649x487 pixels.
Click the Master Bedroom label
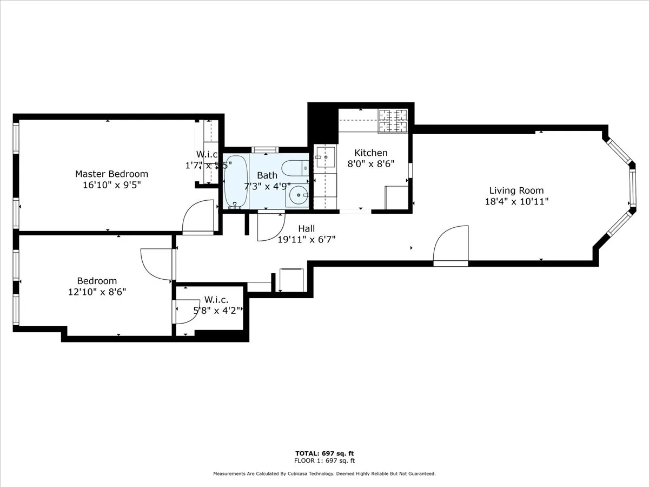111,174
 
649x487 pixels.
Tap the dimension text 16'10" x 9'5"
111,185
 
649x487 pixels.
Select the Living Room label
516,190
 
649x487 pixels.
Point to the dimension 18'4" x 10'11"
516,201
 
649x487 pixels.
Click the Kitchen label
370,153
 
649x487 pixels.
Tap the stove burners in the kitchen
393,120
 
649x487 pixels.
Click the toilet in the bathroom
295,168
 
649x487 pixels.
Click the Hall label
306,229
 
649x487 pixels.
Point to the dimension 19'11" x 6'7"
306,239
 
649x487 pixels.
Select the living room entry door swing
451,246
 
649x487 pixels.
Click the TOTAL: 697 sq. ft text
325,453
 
